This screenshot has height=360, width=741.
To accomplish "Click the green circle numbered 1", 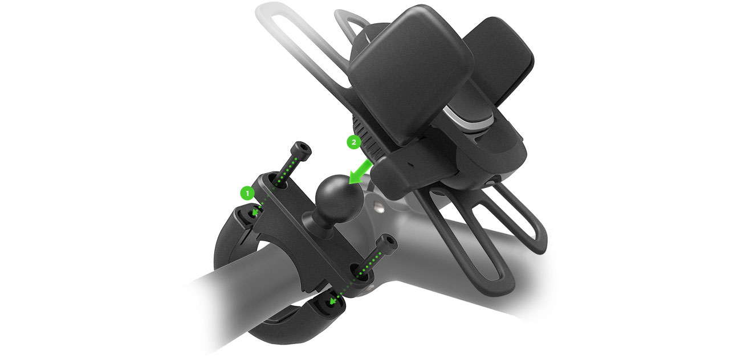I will click(x=247, y=193).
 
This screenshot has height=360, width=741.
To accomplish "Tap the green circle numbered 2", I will click(x=353, y=143).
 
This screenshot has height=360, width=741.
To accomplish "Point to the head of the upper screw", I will click(x=302, y=151).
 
